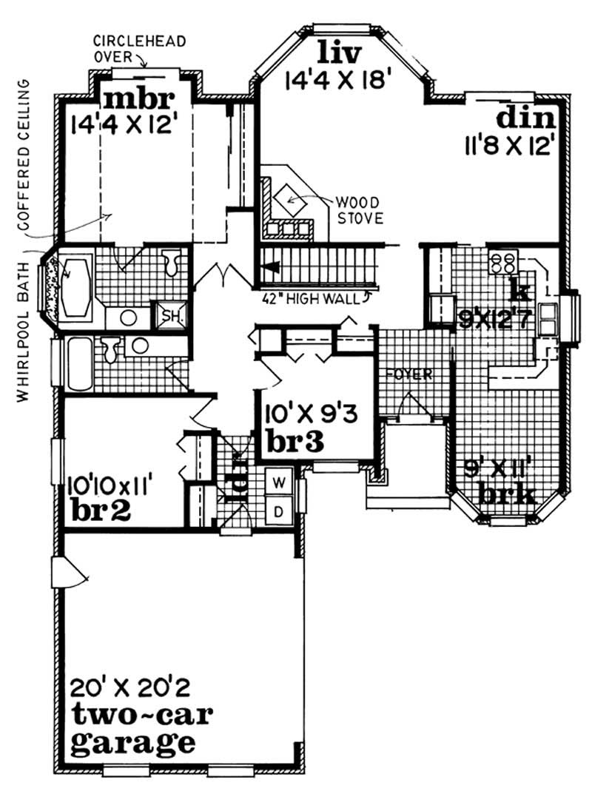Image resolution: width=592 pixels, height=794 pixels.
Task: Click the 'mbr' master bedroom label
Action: tap(138, 98)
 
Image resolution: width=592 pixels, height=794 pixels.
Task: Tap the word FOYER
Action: tap(407, 374)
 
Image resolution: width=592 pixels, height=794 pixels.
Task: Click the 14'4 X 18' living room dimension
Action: tap(337, 79)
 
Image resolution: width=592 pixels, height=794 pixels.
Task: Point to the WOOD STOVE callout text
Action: tap(358, 209)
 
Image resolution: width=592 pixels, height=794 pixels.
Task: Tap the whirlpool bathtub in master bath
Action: tap(75, 284)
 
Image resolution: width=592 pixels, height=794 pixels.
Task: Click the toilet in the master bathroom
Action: tap(172, 263)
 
